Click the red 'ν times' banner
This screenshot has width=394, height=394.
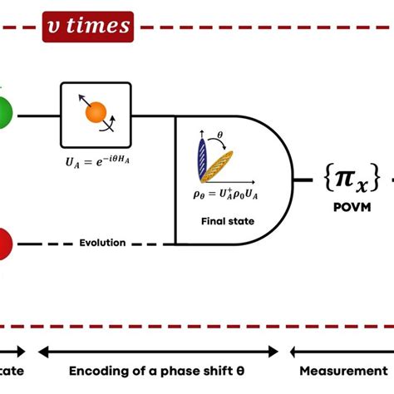click(x=88, y=27)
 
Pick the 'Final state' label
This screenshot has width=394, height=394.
click(x=226, y=222)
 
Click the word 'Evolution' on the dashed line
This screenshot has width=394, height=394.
click(x=102, y=243)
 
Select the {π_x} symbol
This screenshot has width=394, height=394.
click(x=352, y=177)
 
